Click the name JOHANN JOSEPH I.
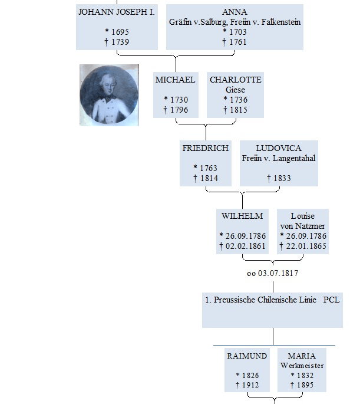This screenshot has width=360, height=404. [117, 12]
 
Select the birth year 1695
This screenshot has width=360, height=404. [120, 32]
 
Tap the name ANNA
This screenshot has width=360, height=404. [235, 12]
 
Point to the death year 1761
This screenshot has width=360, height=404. [238, 42]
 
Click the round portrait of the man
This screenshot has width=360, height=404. [109, 95]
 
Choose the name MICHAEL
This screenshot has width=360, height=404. [175, 80]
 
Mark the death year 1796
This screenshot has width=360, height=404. [179, 110]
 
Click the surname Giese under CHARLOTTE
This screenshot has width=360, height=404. [235, 90]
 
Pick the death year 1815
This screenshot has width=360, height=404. [239, 110]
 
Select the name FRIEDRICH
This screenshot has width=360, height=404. [206, 148]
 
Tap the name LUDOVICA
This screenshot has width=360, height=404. [279, 148]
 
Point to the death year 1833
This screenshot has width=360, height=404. [282, 178]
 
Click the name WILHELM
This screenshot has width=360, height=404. [242, 216]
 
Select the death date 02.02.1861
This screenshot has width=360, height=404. [246, 247]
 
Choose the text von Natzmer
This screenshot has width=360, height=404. [303, 226]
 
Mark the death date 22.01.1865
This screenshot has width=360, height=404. [306, 247]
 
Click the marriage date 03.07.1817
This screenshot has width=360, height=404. [278, 274]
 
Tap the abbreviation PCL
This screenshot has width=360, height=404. [332, 300]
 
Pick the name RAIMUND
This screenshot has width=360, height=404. [247, 356]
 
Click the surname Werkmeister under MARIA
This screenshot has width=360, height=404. [302, 366]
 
